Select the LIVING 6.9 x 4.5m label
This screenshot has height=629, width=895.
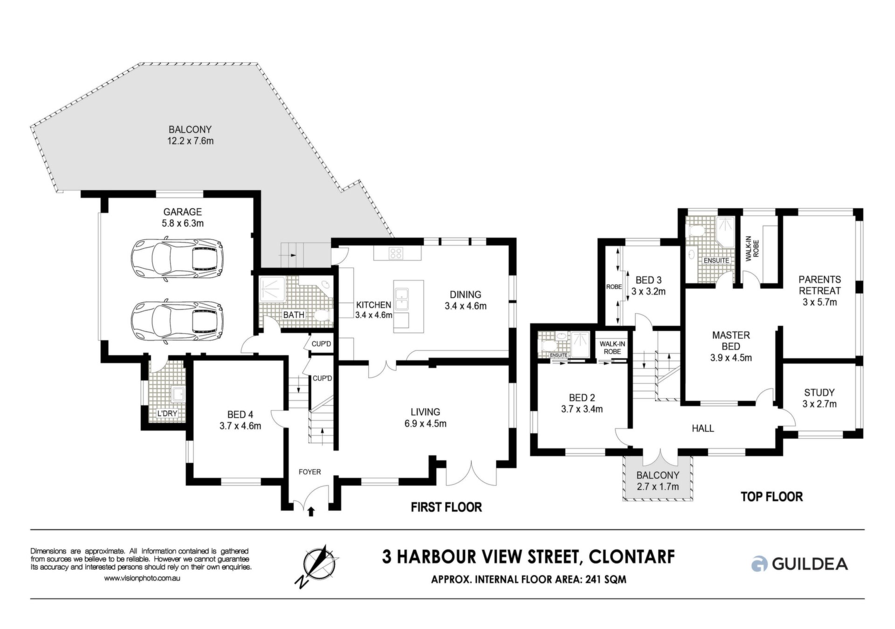point(425,417)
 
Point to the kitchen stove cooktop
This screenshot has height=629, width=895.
point(396,253)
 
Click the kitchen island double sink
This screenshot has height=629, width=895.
point(401,299)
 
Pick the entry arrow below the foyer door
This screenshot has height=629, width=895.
point(311,512)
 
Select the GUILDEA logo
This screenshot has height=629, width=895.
point(799,564)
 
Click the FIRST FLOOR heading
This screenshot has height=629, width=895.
point(446,507)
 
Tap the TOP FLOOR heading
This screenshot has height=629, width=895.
point(772,497)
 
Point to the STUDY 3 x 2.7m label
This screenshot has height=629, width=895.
point(819,398)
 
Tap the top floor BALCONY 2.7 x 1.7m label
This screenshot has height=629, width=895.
point(658,481)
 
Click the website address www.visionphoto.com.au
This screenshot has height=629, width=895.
point(142,578)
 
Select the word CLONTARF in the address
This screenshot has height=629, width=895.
point(632,556)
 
